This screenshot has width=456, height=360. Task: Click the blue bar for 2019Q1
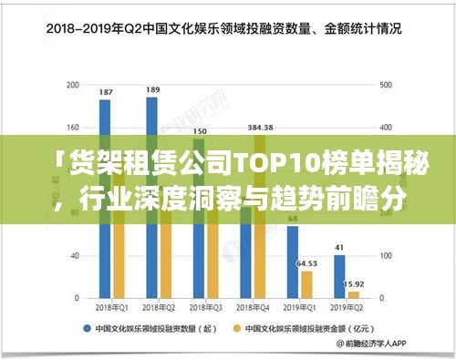[293, 264]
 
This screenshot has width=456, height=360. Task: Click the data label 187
[106, 92]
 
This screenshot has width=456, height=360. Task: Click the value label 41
[339, 247]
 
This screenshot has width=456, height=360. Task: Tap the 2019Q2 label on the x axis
[347, 308]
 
